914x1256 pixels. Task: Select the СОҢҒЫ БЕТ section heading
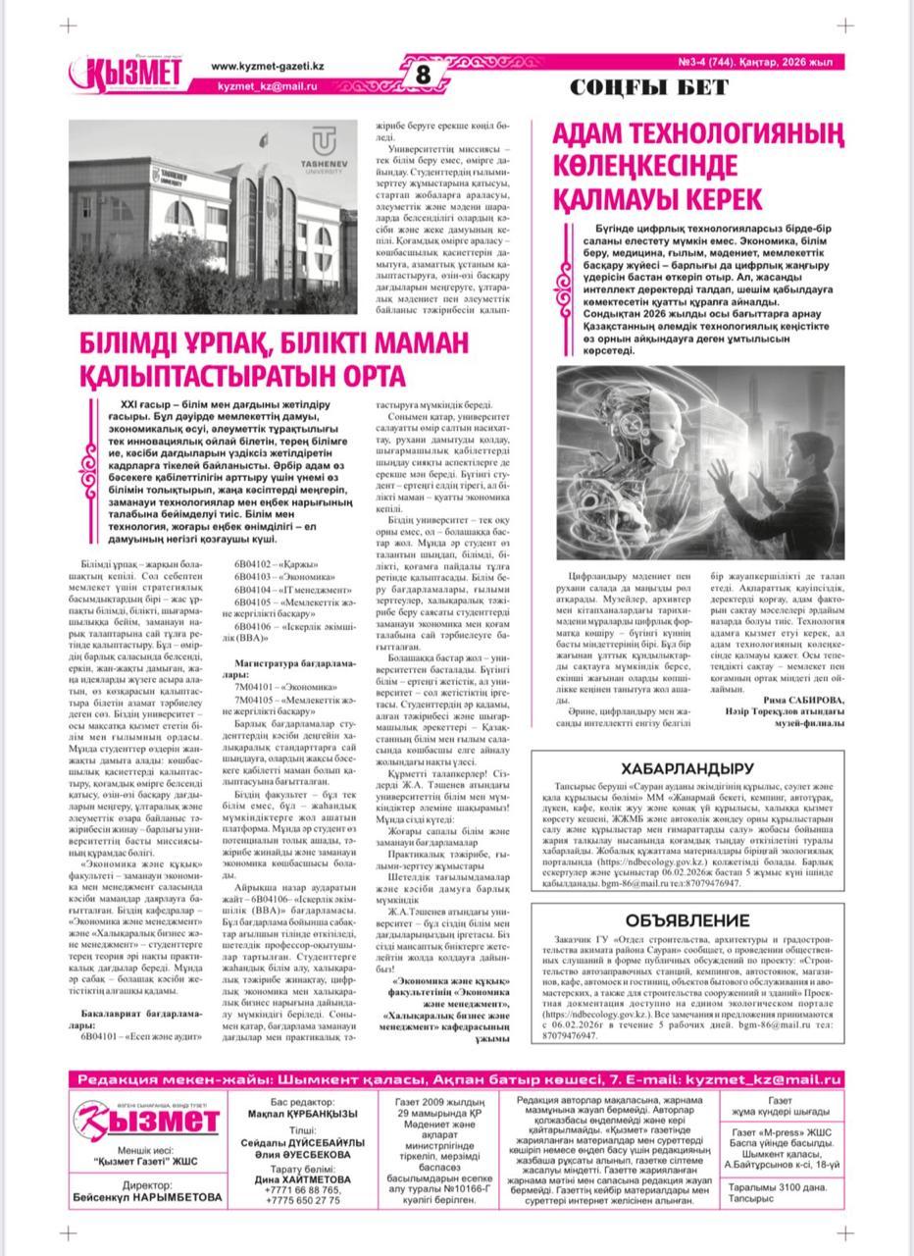tap(649, 88)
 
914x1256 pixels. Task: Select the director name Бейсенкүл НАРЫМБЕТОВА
tap(147, 1198)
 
